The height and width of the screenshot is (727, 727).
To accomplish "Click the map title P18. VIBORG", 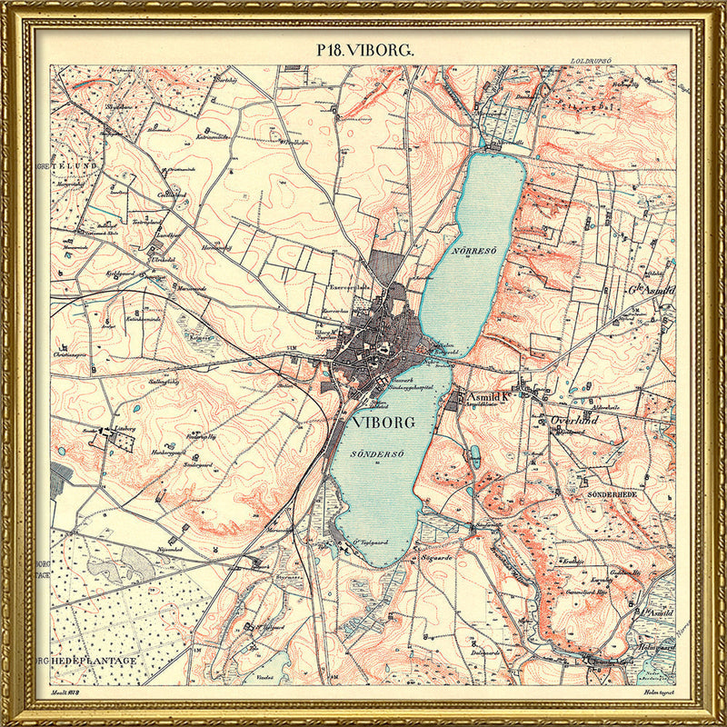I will click(364, 50).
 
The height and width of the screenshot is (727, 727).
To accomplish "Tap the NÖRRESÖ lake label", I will click(472, 248).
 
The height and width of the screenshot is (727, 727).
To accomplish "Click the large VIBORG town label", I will click(374, 423).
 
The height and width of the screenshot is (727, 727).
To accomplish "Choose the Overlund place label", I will click(573, 421).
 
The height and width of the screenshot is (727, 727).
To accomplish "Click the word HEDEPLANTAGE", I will click(93, 661).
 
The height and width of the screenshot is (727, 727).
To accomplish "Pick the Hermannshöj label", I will click(216, 246).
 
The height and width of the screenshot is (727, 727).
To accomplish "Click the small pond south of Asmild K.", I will click(473, 454).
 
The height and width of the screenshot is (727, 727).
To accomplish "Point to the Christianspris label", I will click(74, 354).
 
